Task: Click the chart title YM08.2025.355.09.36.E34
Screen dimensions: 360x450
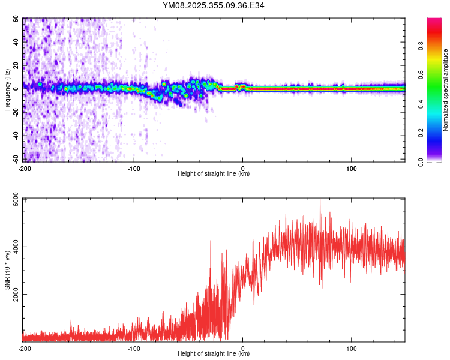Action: [214, 6]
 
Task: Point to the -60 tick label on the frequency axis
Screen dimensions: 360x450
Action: [16, 158]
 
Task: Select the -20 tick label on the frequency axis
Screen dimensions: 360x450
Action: [16, 112]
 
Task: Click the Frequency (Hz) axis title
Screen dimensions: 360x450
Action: [7, 90]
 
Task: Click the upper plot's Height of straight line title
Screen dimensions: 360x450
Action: [214, 174]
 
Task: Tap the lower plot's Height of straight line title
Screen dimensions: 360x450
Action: [214, 354]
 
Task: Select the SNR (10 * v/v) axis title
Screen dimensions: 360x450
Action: [7, 270]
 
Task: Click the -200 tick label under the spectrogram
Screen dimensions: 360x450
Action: [25, 168]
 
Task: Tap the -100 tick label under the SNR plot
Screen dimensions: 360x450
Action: [133, 348]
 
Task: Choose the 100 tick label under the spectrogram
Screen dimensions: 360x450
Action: [352, 168]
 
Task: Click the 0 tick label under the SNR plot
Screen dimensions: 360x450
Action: [242, 348]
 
